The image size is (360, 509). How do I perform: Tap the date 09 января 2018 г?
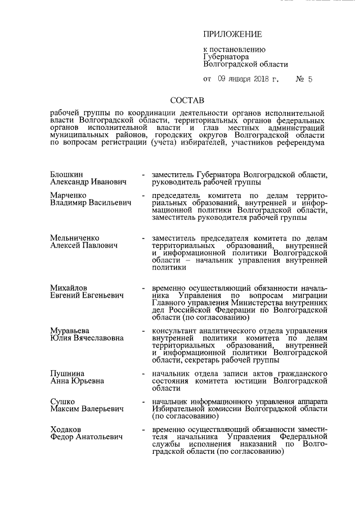[x=248, y=79]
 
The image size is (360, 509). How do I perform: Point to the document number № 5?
[x=304, y=79]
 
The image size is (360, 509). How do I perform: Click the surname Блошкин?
[x=66, y=175]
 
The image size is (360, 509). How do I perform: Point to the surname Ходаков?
[x=67, y=429]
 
